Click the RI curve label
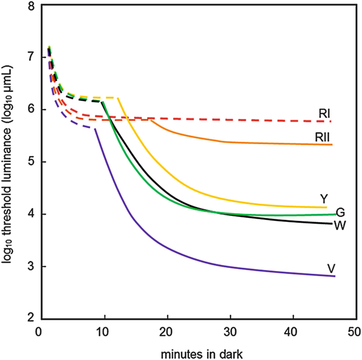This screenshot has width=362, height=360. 326,113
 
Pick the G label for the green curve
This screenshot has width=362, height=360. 341,213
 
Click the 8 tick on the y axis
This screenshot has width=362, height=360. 31,6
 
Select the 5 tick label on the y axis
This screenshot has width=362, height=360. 31,162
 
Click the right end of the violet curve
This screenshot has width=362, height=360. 335,276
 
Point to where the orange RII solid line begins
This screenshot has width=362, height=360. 152,120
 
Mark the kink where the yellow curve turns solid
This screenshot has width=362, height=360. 118,98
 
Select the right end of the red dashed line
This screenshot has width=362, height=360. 332,122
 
